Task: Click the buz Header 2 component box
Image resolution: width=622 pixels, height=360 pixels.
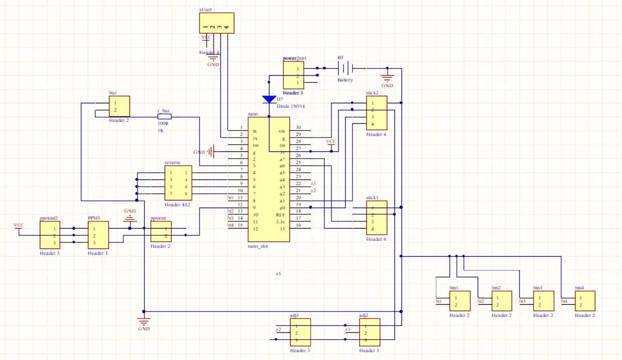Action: pyautogui.click(x=119, y=107)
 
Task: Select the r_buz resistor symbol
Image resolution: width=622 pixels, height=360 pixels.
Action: pyautogui.click(x=164, y=117)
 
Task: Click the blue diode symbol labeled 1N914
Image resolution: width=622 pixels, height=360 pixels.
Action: pyautogui.click(x=269, y=99)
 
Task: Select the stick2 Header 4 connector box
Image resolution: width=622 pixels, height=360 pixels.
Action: pyautogui.click(x=376, y=113)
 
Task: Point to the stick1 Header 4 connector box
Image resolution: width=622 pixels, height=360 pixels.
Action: pyautogui.click(x=376, y=218)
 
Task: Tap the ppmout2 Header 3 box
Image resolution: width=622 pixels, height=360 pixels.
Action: pyautogui.click(x=50, y=235)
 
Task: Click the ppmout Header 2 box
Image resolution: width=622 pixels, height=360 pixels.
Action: pyautogui.click(x=161, y=232)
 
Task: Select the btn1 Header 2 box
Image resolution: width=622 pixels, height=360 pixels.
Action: pyautogui.click(x=459, y=301)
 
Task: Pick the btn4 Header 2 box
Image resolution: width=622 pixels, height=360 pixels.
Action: pyautogui.click(x=585, y=301)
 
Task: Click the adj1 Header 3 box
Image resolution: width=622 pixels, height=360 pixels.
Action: pyautogui.click(x=300, y=332)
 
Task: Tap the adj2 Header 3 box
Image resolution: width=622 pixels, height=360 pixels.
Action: pyautogui.click(x=369, y=332)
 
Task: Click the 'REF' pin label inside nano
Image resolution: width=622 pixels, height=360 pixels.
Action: pyautogui.click(x=280, y=215)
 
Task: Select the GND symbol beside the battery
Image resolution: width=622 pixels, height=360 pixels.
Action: pyautogui.click(x=387, y=79)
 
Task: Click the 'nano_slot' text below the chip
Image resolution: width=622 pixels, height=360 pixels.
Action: pyautogui.click(x=258, y=246)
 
